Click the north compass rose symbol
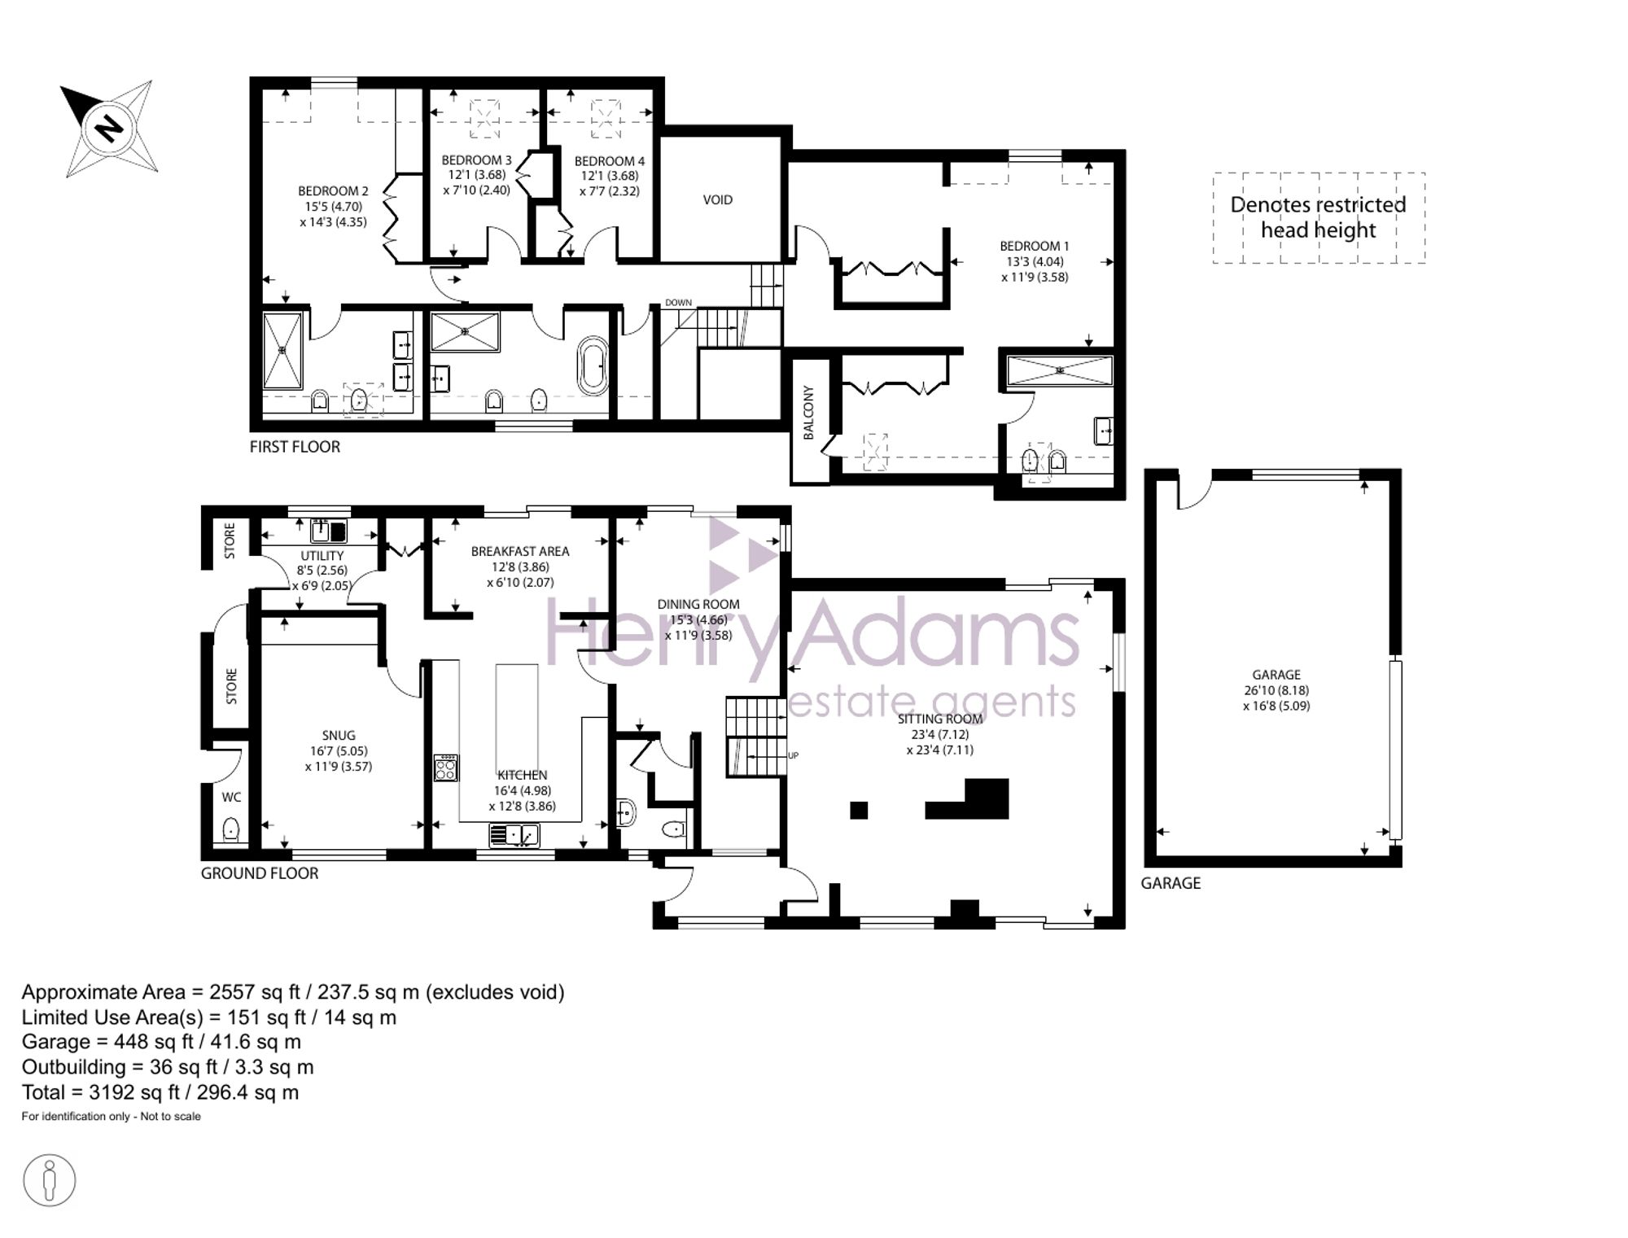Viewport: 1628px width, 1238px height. tap(109, 128)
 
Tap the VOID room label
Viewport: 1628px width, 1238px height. tap(717, 199)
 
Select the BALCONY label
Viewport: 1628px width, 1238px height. tap(808, 413)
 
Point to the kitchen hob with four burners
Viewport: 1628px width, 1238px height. tap(446, 768)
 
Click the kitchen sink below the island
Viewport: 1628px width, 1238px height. tap(514, 834)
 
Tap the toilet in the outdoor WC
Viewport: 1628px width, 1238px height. tap(231, 829)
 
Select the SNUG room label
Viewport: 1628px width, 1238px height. tap(338, 735)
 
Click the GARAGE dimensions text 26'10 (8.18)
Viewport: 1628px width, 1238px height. tap(1276, 690)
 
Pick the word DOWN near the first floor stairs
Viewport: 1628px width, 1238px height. tap(678, 303)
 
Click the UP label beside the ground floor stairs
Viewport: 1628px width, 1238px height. tap(793, 755)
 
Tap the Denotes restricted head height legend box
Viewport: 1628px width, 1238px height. tap(1318, 217)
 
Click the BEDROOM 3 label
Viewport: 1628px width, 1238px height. tap(476, 160)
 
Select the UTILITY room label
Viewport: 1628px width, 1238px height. tap(322, 556)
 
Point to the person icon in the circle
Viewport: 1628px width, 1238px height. tap(50, 1179)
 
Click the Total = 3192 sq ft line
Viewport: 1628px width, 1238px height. tap(160, 1092)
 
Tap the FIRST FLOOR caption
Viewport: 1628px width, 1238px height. tap(295, 447)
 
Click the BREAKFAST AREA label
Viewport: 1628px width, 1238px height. tap(519, 551)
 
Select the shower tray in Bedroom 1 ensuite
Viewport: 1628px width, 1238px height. tap(1059, 371)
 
